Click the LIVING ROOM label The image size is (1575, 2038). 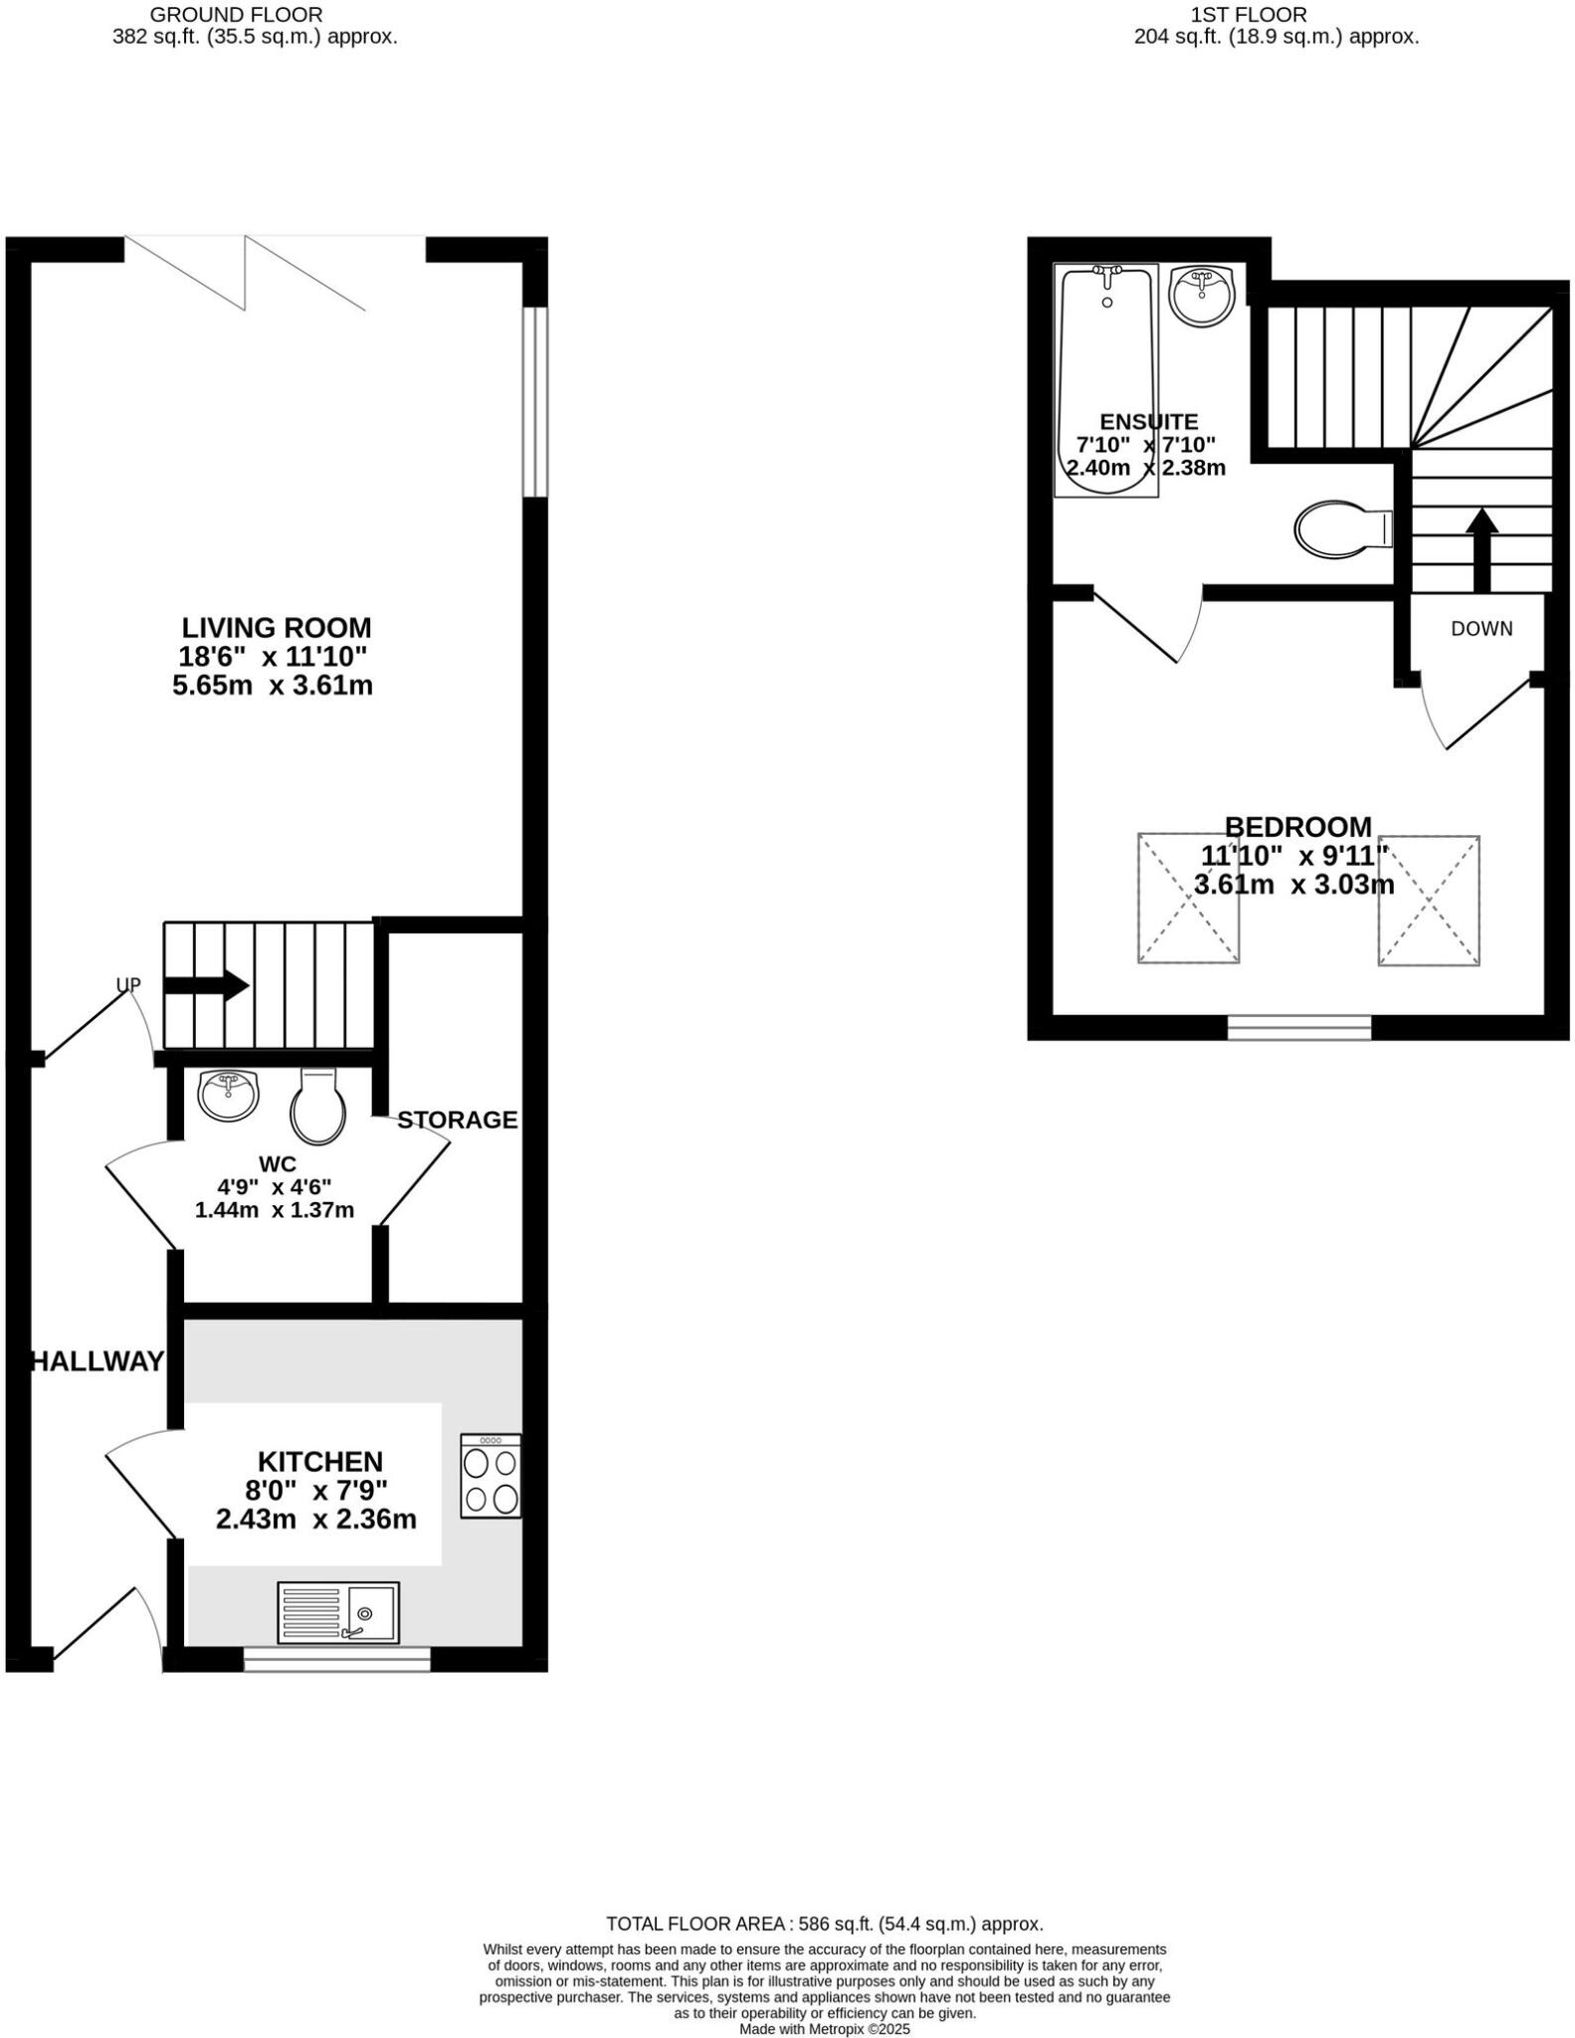(276, 628)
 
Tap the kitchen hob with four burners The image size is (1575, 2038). (491, 1475)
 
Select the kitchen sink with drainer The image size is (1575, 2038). (338, 1612)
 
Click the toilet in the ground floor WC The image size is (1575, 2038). (317, 1105)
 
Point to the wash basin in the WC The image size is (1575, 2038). (229, 1094)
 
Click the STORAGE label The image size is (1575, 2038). (458, 1121)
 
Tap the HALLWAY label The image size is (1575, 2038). (98, 1361)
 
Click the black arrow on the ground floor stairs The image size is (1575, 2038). (206, 985)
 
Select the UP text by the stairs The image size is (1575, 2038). (128, 985)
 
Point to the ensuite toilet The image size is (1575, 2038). (1343, 527)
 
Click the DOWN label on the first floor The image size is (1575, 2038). (1481, 629)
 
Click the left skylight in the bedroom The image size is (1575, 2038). (1188, 899)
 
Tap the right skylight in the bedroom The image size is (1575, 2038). (1429, 900)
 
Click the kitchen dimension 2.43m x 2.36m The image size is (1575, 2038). (315, 1520)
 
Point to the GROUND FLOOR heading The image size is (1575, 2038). (236, 15)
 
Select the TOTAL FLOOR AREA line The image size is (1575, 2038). (825, 1924)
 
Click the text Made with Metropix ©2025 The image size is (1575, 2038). (825, 2029)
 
